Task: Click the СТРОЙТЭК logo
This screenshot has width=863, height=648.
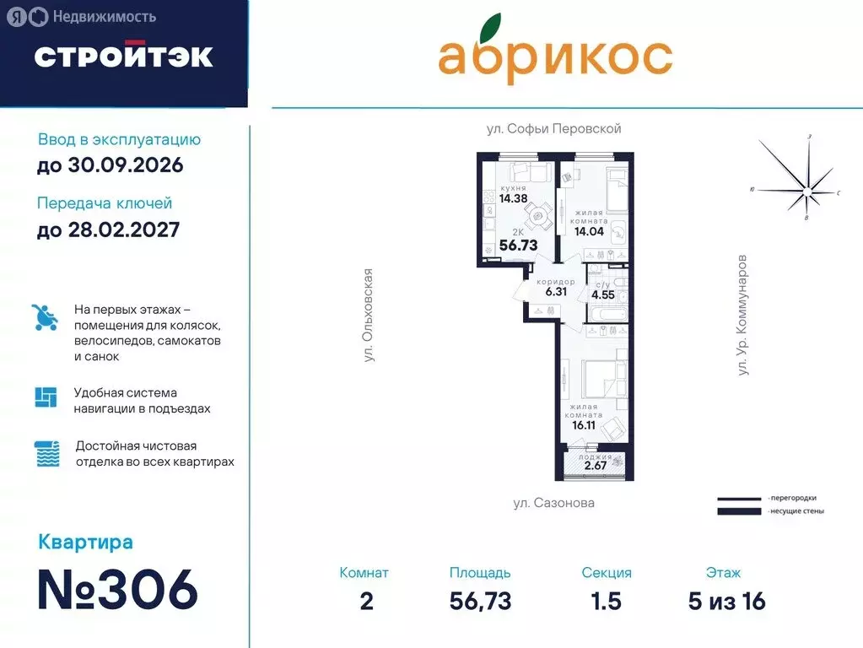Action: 123,56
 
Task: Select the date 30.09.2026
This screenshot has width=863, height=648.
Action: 110,165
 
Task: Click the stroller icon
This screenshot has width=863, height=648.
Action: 46,318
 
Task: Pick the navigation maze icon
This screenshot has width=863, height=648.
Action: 46,397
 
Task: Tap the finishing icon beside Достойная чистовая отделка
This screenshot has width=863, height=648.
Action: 46,454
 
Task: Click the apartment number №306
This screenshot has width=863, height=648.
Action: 117,589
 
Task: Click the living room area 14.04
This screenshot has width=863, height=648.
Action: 591,231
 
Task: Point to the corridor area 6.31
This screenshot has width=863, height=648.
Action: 556,292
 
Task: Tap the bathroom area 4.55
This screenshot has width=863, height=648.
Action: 602,295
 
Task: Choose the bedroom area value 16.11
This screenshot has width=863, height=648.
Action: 584,426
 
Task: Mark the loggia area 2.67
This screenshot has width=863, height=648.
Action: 596,465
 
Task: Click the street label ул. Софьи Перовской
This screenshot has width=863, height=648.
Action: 553,129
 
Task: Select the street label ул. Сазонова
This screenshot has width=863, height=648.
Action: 553,503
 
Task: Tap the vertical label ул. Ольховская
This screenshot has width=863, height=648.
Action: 368,316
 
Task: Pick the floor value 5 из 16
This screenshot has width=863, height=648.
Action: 725,601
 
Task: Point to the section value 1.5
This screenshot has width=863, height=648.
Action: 606,601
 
